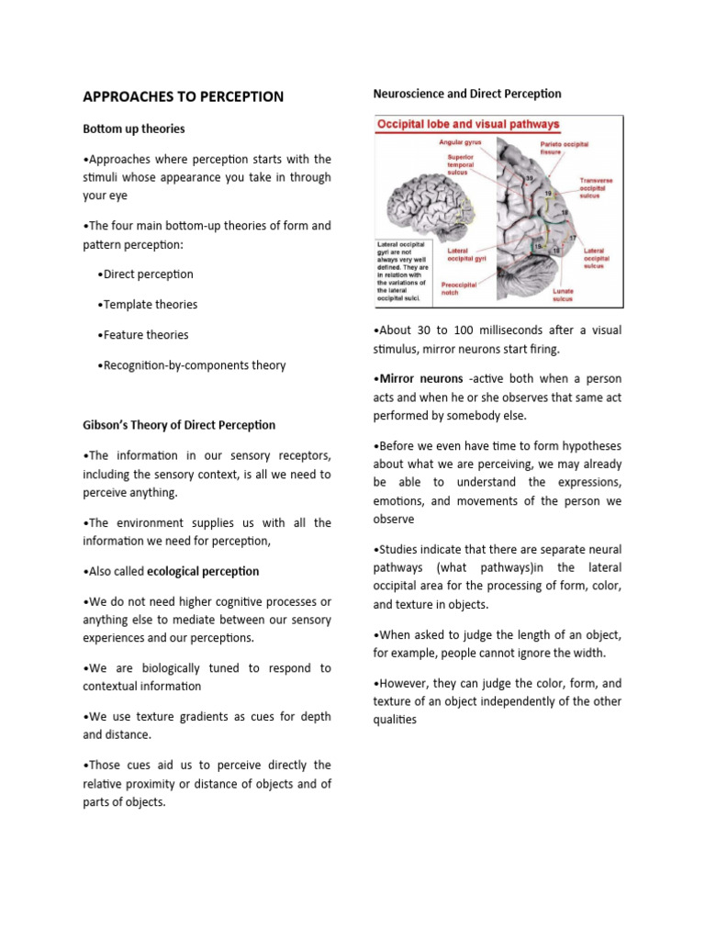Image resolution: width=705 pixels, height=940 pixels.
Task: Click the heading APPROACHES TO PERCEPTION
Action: (184, 96)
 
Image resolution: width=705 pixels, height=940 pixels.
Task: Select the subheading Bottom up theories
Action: (134, 129)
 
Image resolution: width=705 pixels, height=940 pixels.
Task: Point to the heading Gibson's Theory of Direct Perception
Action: (179, 425)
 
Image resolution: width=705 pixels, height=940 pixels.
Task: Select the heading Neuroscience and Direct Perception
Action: (467, 94)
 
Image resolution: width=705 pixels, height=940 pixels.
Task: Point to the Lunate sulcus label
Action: (562, 294)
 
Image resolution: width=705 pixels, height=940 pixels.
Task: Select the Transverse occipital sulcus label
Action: (597, 188)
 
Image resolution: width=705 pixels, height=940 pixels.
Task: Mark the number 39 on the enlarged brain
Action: (530, 178)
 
